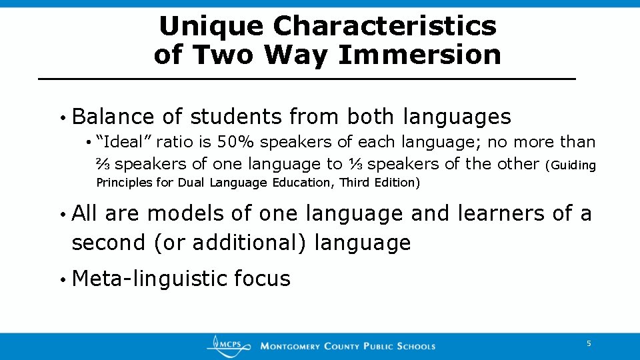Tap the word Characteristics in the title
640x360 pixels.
tap(385, 27)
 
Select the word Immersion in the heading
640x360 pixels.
tap(419, 55)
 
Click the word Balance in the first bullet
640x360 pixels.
tap(113, 117)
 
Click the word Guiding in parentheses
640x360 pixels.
tap(572, 165)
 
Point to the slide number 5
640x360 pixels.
tap(589, 343)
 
